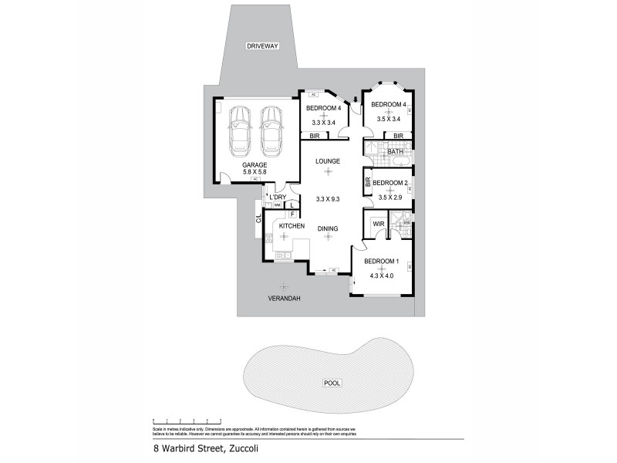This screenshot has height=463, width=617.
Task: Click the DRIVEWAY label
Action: coord(262,46)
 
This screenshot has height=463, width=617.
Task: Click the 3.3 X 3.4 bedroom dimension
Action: coord(324,122)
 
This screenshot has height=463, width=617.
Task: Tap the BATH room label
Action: coord(396,151)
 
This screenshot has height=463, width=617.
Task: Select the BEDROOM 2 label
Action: coord(389,183)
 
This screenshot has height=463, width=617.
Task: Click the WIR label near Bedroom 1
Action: coord(378,224)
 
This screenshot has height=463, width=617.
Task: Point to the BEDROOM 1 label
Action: coord(381,261)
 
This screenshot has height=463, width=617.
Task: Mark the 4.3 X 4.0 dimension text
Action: coord(381,275)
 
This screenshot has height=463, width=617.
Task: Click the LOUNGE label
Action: coord(328,161)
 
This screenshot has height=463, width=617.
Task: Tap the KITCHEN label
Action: coord(281,226)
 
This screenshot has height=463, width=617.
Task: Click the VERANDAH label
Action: coord(283,298)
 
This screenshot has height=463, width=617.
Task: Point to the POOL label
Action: coord(332,383)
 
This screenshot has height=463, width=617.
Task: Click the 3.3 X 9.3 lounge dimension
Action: coord(328,199)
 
